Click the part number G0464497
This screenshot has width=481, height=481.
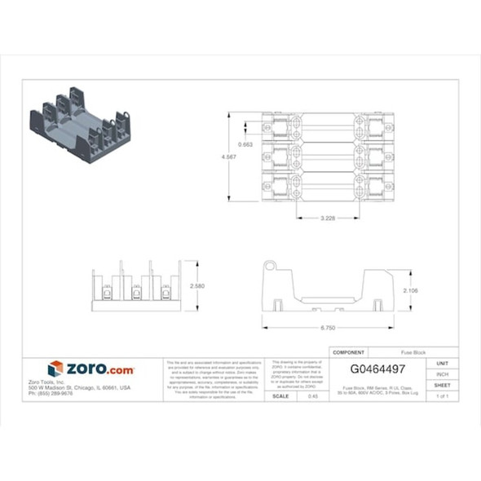(377, 368)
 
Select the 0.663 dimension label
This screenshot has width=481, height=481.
(245, 145)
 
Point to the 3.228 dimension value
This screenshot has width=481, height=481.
(328, 218)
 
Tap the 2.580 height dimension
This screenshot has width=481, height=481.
(196, 287)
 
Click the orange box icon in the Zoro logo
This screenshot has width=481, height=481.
(55, 368)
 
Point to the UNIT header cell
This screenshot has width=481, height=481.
(442, 363)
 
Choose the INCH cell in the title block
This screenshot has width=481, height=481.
(442, 373)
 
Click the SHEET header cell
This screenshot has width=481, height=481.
(442, 385)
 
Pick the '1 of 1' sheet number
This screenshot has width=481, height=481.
(442, 395)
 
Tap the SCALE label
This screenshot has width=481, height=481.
(280, 395)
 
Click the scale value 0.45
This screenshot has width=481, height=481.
(312, 395)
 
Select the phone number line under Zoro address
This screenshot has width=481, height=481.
(51, 393)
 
